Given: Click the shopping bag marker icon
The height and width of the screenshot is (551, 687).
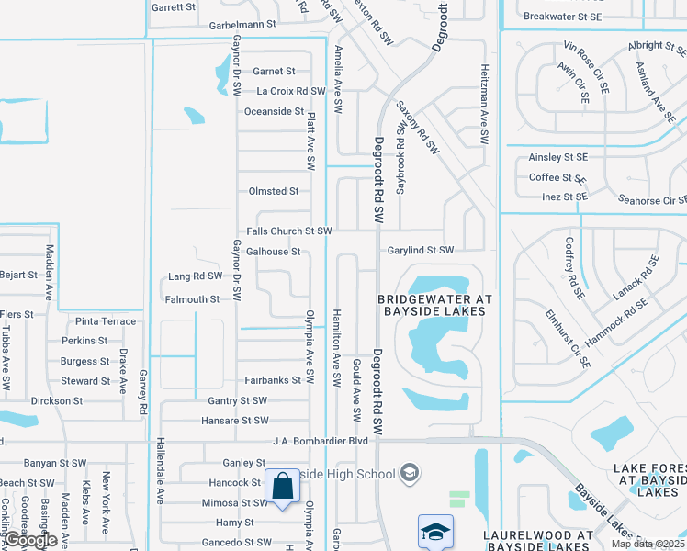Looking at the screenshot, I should coord(282,486).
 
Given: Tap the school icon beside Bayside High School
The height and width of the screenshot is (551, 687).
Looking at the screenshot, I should coord(410,473).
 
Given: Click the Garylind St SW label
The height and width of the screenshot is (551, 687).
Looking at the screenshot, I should coord(420,250).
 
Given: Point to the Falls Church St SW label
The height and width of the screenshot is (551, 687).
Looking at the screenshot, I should coord(289,231).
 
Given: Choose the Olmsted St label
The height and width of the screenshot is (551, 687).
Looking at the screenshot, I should coord(274,191).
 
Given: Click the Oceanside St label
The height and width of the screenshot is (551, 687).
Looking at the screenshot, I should coord(274,111).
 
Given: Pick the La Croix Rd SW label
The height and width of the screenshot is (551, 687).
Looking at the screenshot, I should coord(291,91).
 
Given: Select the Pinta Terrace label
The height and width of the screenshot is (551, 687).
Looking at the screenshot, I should coord(106,321).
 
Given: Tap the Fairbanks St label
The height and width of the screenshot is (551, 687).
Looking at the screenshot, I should coord(273,380).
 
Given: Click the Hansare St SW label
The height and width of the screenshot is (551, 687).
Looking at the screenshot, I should coord(235,421).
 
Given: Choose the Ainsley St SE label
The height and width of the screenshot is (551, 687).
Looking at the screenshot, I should coord(557,157).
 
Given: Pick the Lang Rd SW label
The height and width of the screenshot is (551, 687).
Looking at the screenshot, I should coord(196,275).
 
